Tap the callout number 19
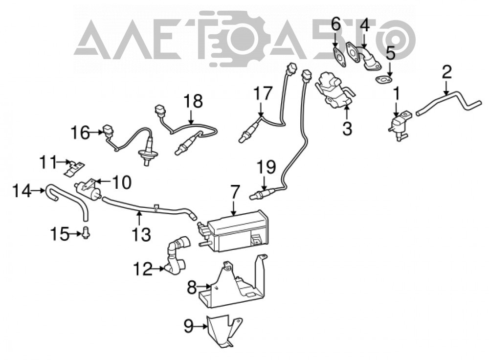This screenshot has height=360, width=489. [x=266, y=167]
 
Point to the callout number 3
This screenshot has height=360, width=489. [x=347, y=128]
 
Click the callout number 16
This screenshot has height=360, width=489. [x=81, y=133]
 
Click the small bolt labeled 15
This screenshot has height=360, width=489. [x=86, y=233]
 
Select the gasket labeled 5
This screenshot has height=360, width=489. [x=383, y=80]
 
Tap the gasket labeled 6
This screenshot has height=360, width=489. [x=339, y=57]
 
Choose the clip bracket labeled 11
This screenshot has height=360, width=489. [x=74, y=168]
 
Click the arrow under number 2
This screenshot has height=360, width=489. [x=446, y=88]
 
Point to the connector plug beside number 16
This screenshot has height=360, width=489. [x=107, y=132]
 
